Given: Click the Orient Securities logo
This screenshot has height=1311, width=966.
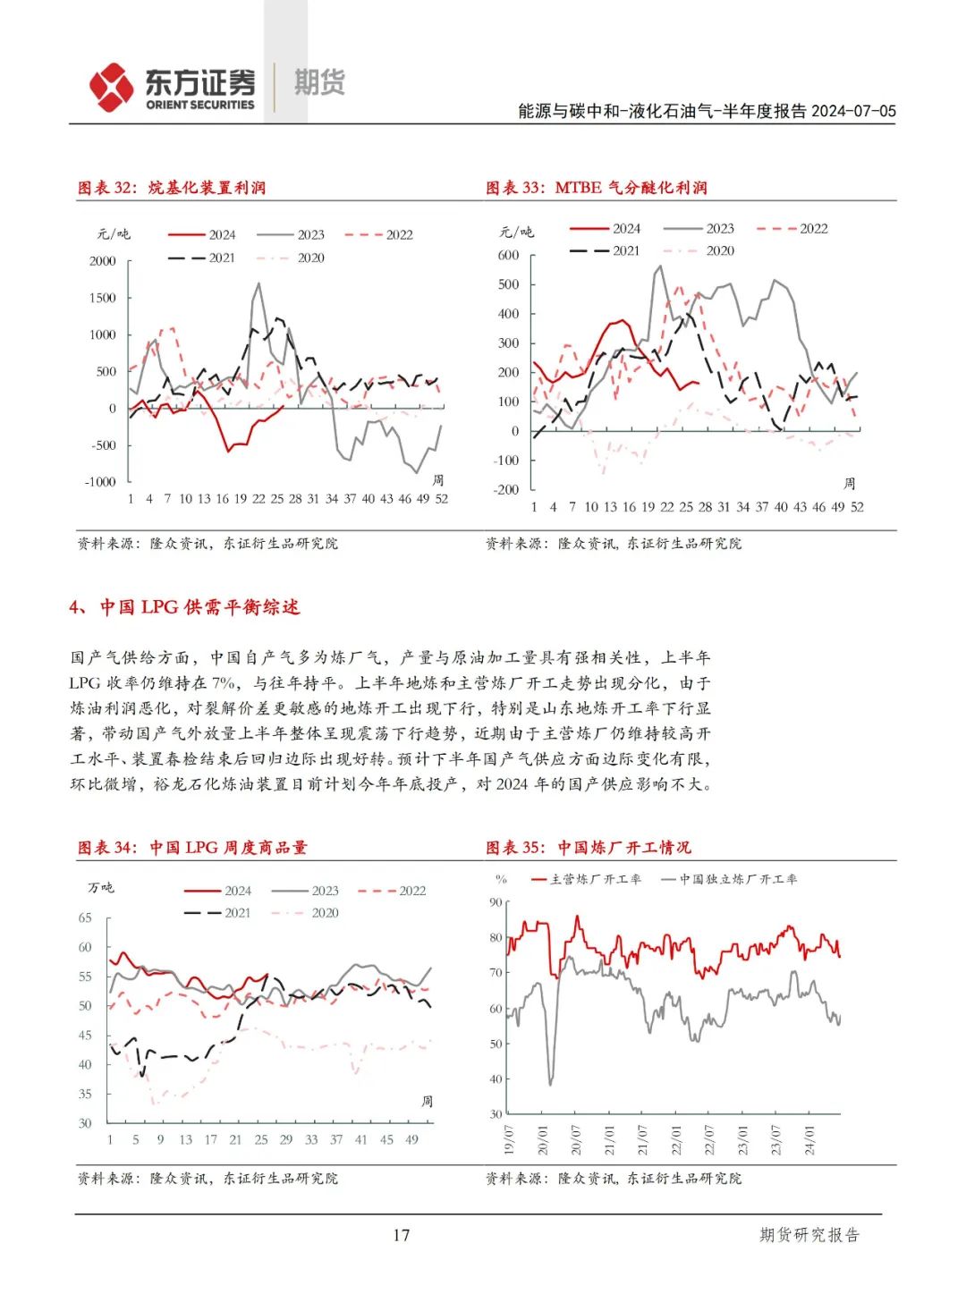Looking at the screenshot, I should tap(172, 88).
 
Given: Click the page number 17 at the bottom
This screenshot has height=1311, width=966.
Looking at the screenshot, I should tap(401, 1235).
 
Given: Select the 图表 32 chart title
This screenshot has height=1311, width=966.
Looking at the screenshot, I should tap(172, 188).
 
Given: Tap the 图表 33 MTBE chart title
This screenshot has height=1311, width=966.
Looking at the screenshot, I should tap(597, 188).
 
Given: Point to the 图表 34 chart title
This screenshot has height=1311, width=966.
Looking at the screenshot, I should tap(192, 848).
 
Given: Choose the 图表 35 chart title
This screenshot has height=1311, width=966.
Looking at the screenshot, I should tap(589, 848).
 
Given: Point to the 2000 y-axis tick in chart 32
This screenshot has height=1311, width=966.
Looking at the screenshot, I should tap(103, 261).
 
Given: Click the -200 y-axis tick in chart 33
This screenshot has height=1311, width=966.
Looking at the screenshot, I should tap(506, 490).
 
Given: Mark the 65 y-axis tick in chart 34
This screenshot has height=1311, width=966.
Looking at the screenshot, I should tap(85, 918).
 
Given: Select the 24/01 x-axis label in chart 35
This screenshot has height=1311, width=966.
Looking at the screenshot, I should tap(809, 1141).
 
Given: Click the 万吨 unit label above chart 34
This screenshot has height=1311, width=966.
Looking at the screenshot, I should tap(101, 888).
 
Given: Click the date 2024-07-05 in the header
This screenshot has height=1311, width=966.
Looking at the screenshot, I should tap(853, 111).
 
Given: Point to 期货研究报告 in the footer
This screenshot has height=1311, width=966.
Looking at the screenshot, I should tap(809, 1235).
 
